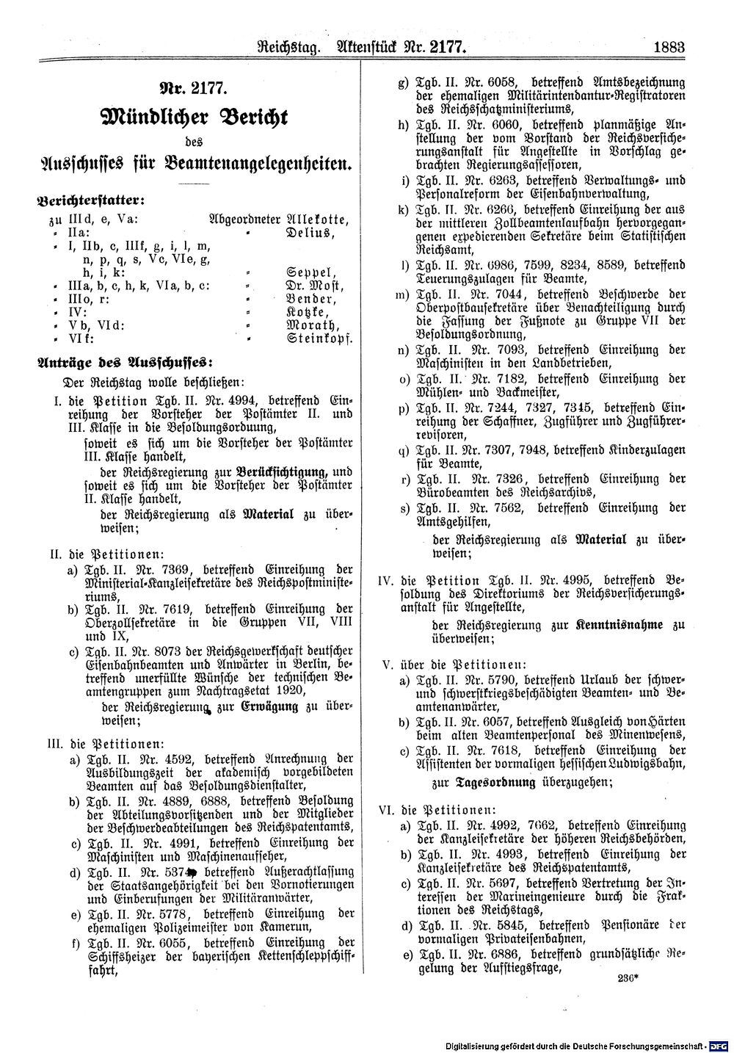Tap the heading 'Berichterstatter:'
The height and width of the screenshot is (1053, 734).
[x=90, y=199]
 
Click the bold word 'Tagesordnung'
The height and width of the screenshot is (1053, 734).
[x=495, y=783]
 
